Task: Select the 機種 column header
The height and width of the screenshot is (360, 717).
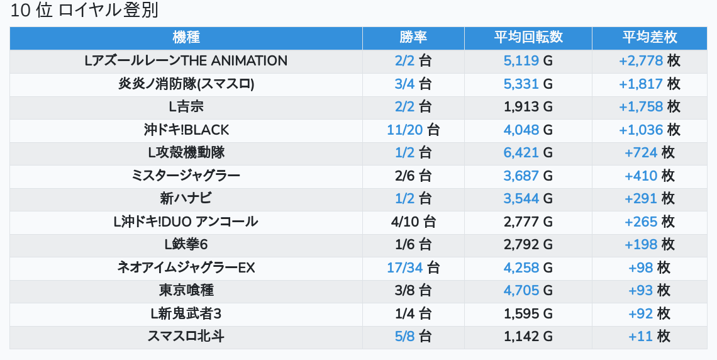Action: pos(186,37)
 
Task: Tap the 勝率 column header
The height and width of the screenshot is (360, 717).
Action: pos(413,37)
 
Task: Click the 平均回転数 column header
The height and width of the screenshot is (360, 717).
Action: pos(528,37)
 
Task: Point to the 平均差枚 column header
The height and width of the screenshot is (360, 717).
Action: pos(649,37)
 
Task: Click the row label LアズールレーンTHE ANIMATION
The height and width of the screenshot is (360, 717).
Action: pos(186,61)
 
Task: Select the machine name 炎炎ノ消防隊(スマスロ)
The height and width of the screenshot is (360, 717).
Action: pos(186,84)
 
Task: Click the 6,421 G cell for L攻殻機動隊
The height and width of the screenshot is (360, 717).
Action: pos(528,153)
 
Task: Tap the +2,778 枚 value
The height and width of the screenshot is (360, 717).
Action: pos(649,61)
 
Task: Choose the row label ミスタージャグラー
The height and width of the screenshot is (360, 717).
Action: pos(186,176)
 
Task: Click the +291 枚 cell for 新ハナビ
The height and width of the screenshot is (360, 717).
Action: pos(649,199)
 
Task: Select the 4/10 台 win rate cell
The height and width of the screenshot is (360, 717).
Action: pos(413,222)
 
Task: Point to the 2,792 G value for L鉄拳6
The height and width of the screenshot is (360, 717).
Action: pos(528,245)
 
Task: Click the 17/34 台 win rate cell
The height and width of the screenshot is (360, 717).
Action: pos(413,268)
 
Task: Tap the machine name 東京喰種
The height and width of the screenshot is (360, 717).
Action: pos(186,291)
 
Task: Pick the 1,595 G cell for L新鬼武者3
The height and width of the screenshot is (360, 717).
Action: pos(528,314)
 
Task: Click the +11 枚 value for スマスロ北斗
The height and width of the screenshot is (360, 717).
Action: pos(649,337)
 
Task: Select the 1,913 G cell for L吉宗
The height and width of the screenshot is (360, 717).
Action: pos(528,107)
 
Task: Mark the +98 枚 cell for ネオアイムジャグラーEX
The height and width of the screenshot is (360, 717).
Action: pos(649,268)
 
